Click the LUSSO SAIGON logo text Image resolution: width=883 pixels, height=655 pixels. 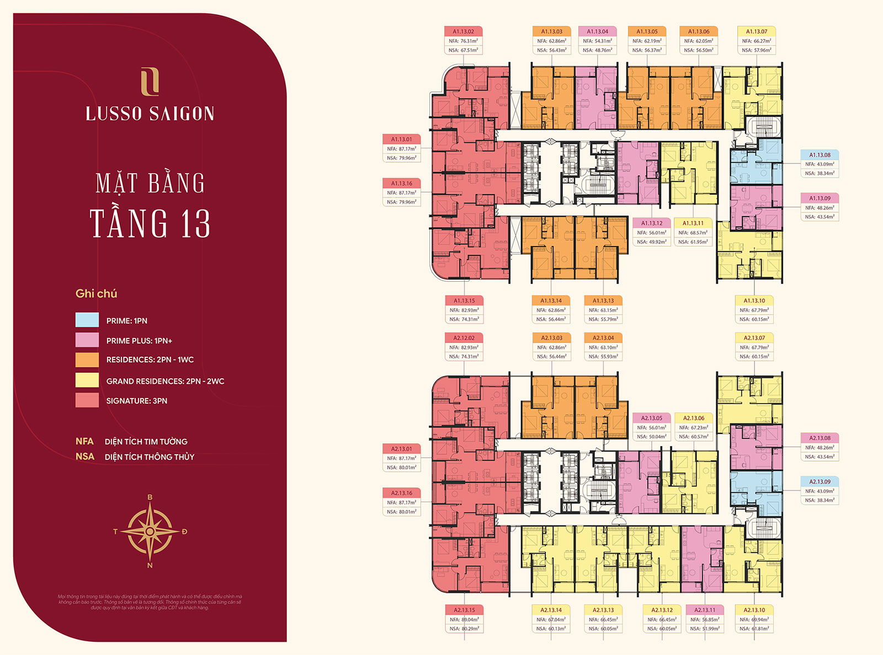pos(150,114)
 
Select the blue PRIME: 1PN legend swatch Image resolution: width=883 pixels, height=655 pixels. pos(87,320)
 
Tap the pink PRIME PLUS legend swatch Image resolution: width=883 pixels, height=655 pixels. pos(87,340)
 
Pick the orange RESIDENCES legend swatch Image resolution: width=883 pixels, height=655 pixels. pos(87,359)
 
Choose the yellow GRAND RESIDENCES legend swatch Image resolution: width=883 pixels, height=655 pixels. pos(87,380)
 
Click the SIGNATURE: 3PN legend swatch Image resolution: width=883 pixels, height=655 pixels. pos(87,400)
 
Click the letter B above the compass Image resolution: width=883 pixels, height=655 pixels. pos(150,497)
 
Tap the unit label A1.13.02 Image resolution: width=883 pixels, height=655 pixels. pos(463,31)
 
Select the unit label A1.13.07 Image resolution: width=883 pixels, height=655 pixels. pos(756,31)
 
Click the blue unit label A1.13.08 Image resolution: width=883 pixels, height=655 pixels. pos(820,155)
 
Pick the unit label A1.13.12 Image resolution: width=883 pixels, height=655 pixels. pos(652,223)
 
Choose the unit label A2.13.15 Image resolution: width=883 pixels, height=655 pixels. pos(464,610)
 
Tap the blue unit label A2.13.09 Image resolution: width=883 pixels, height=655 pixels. pos(820,482)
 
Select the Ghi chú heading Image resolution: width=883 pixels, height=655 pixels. pos(96,293)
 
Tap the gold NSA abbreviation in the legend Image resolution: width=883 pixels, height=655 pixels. pos(84,457)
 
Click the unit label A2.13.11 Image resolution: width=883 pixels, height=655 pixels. pos(705,610)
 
